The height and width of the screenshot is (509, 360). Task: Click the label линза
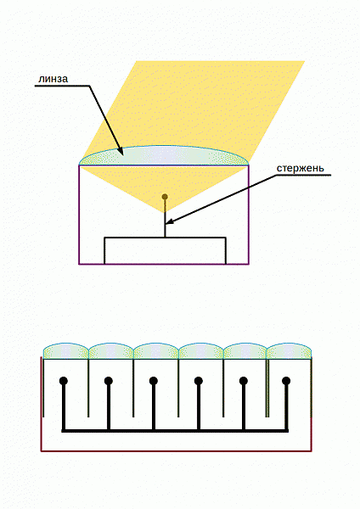[53, 79]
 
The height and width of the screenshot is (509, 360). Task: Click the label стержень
[301, 169]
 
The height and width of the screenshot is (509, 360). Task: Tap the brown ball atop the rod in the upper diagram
[165, 197]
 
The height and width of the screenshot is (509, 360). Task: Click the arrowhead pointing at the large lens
[119, 150]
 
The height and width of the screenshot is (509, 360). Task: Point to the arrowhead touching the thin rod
[171, 221]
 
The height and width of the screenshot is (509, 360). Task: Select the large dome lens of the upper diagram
[165, 156]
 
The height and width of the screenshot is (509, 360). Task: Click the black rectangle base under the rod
[165, 250]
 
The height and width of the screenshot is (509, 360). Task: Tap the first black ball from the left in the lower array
[64, 380]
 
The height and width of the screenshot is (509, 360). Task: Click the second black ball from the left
[109, 380]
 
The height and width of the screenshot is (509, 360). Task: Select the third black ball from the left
[154, 380]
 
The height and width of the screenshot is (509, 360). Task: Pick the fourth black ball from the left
[199, 380]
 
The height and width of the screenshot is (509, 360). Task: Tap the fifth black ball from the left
[244, 380]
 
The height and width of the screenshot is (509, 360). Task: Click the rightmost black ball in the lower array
[286, 380]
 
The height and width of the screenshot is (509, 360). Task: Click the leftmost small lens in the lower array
[66, 351]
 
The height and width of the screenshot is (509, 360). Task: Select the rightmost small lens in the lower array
[289, 351]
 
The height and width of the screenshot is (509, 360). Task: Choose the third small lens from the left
[156, 351]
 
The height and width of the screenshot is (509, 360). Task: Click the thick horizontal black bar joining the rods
[175, 431]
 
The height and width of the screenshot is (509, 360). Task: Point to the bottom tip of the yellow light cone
[165, 213]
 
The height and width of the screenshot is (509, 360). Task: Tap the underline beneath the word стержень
[303, 176]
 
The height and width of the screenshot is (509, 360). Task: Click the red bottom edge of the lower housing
[176, 451]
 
